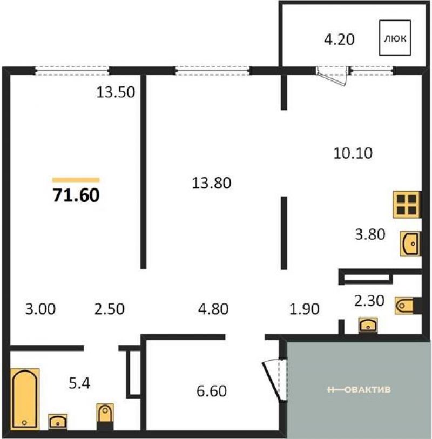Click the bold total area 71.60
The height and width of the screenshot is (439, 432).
pos(76,195)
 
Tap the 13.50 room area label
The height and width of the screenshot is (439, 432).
pos(116,92)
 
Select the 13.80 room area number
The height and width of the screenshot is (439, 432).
pos(212,183)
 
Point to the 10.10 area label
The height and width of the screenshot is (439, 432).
pos(353,153)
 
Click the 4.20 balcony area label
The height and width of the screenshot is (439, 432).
pos(339,39)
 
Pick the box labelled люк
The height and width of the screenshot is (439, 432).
pos(395,37)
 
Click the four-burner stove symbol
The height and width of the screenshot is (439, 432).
pos(407,205)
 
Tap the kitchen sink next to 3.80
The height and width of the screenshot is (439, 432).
pos(410,244)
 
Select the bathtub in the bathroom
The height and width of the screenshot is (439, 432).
pos(25,399)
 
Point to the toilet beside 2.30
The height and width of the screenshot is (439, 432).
pos(408,306)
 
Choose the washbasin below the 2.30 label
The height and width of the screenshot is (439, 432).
pos(368,325)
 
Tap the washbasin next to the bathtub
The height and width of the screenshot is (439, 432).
pos(58,422)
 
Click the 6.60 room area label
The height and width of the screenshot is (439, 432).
pos(212,391)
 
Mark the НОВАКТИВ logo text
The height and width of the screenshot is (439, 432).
pos(359,389)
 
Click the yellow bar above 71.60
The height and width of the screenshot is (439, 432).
pos(76,180)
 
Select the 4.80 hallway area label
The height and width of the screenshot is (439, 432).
pos(213,309)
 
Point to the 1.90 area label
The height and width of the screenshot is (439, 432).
pos(305,309)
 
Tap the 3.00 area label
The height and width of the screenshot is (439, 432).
pos(40,309)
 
